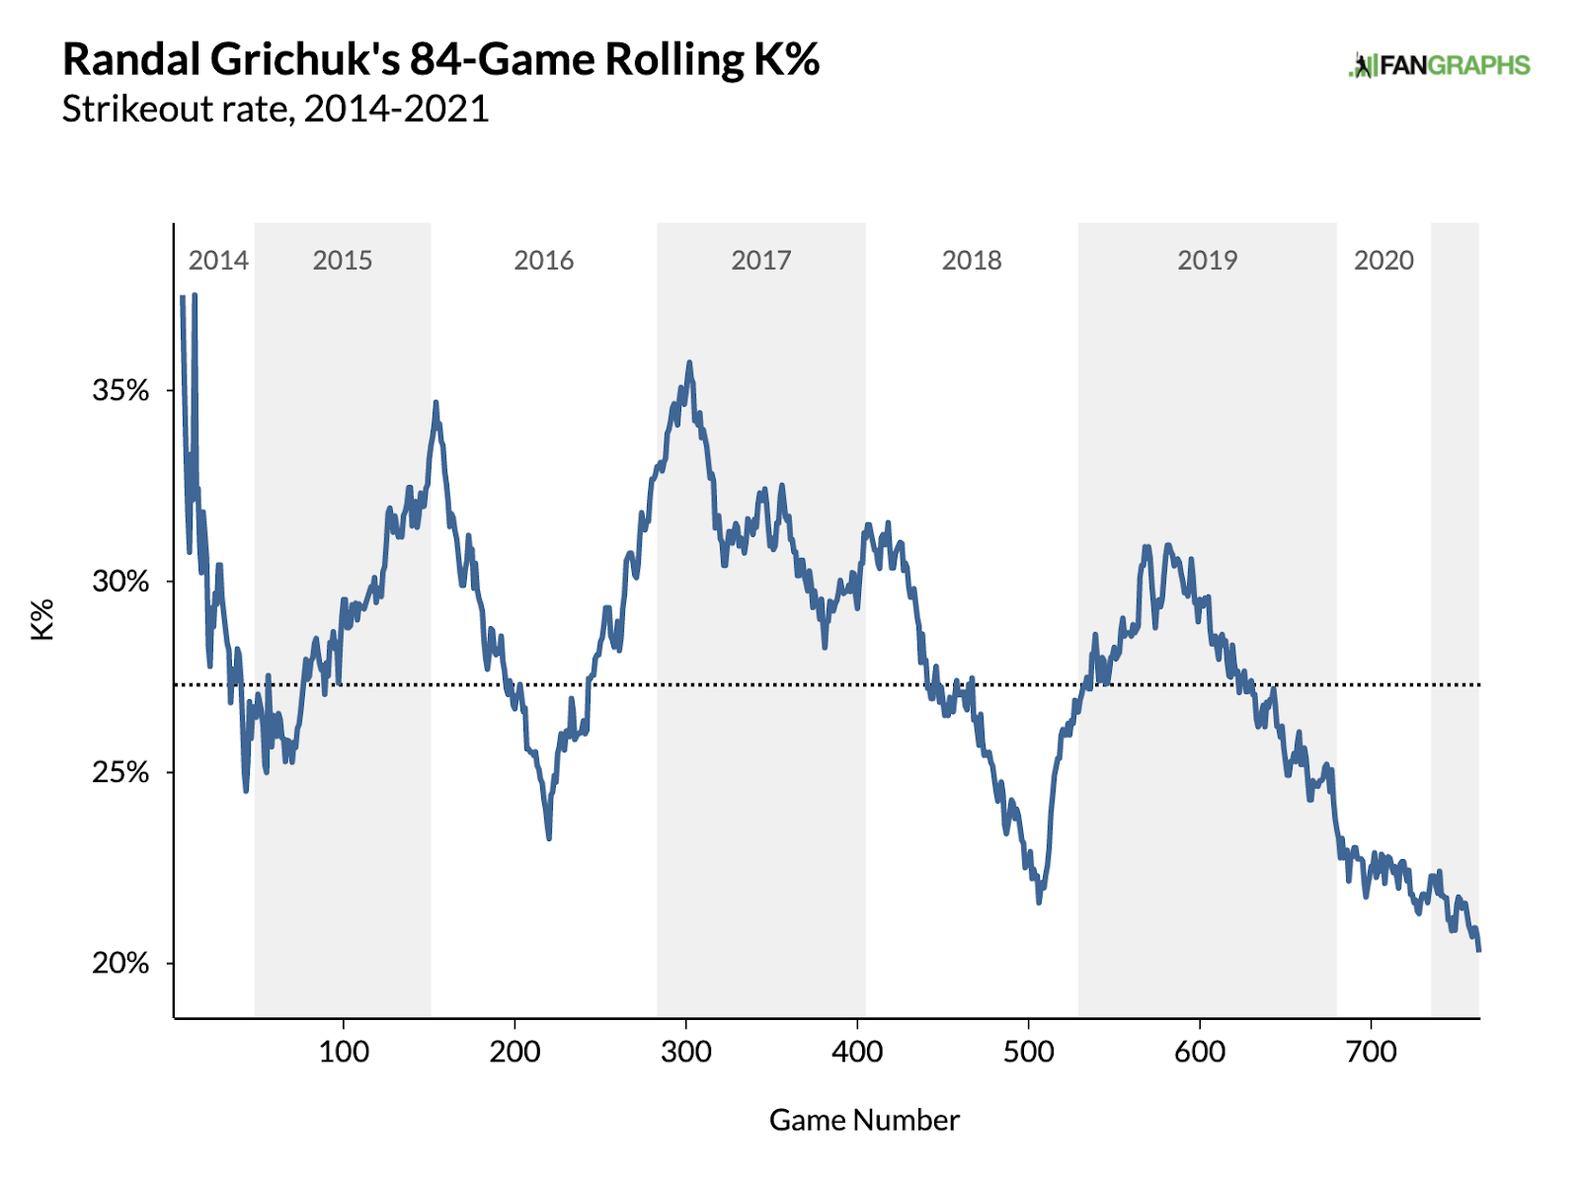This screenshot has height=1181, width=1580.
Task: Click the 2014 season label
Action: tap(218, 261)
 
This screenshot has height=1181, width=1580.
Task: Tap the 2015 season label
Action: tap(343, 261)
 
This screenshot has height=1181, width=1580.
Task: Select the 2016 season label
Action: tap(543, 261)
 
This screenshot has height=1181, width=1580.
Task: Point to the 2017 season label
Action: tap(760, 261)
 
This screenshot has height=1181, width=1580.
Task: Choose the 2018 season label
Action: tap(972, 261)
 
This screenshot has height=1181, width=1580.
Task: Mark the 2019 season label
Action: tap(1207, 261)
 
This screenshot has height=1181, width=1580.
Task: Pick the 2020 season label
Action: tap(1383, 261)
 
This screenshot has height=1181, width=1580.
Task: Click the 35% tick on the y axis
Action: tap(120, 391)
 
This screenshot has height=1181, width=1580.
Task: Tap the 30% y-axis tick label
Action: tap(120, 582)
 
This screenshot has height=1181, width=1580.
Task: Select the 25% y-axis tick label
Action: tap(120, 772)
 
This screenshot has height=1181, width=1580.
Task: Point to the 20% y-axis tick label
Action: tap(120, 964)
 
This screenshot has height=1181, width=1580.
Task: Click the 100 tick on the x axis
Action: tap(344, 1052)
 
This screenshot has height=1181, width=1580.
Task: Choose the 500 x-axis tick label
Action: tap(1029, 1052)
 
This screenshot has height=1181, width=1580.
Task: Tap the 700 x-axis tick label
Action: tap(1371, 1052)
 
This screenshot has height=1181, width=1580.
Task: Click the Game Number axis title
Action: tap(864, 1120)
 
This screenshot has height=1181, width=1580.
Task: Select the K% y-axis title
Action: tap(43, 620)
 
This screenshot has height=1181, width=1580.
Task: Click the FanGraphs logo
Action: tap(1439, 66)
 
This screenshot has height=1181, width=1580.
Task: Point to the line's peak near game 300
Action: tap(689, 362)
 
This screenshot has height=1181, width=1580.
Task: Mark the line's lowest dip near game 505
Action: tap(1039, 902)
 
